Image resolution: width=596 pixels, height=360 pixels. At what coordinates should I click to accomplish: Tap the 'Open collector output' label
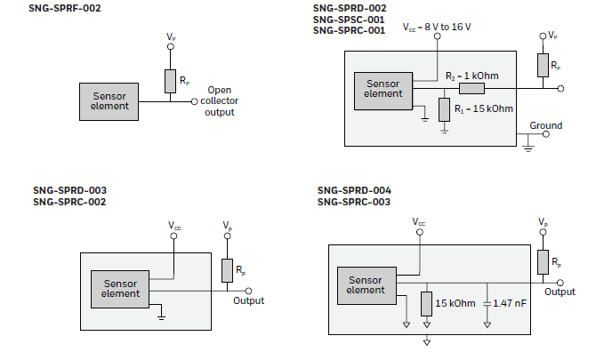[220, 100]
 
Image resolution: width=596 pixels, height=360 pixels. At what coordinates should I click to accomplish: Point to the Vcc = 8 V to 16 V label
[437, 28]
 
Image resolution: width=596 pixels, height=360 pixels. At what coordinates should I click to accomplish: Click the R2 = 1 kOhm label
[471, 76]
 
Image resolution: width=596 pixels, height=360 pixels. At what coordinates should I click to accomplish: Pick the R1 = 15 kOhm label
[483, 108]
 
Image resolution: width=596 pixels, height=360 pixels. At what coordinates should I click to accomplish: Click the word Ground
[545, 125]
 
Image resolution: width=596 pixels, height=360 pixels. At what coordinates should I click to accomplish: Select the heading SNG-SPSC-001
[349, 19]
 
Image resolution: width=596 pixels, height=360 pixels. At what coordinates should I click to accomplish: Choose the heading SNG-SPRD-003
[69, 190]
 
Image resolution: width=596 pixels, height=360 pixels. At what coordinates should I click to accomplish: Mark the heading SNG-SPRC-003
[353, 202]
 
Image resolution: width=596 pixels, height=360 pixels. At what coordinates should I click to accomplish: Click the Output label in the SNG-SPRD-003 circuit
[249, 300]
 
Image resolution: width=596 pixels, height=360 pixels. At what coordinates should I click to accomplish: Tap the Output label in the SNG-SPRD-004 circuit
[560, 292]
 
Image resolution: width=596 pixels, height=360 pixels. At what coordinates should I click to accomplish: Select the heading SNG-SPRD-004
[354, 190]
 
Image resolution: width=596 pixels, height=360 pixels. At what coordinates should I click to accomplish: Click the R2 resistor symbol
[471, 88]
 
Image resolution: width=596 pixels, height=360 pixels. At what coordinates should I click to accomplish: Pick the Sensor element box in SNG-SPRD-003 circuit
[121, 288]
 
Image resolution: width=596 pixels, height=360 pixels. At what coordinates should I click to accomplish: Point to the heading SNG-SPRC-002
[69, 202]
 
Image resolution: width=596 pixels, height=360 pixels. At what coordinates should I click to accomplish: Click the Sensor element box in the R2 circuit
[383, 89]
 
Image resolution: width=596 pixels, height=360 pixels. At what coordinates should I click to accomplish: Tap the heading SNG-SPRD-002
[349, 7]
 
